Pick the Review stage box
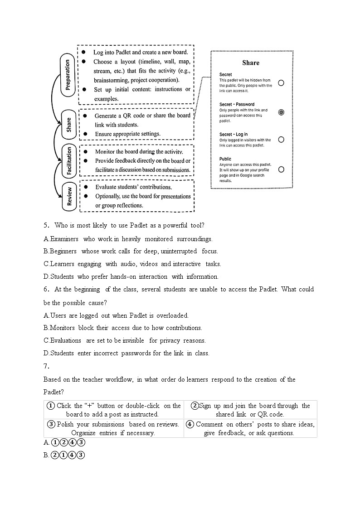69,197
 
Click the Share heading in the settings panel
251,63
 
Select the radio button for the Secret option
281,83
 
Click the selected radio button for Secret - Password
281,112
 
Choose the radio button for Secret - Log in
281,140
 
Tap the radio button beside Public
281,169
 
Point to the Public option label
225,159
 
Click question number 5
46,225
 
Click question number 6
46,289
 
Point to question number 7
46,366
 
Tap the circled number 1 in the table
51,406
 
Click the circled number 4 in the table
190,424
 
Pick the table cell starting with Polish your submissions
113,428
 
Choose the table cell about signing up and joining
250,410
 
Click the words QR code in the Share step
131,116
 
